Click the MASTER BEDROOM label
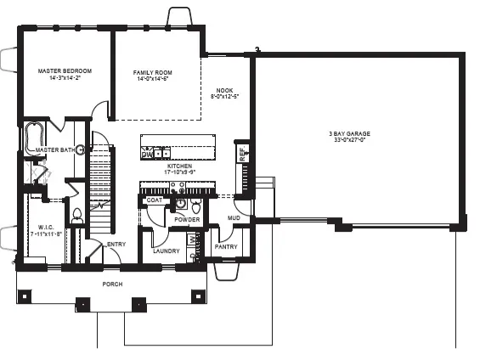[x=65, y=70]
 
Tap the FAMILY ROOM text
[x=152, y=73]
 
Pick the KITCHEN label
[x=179, y=167]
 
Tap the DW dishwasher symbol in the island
[x=147, y=155]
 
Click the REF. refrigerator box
[x=242, y=154]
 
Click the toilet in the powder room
[x=196, y=206]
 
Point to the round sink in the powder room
[x=180, y=204]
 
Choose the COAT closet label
[x=154, y=200]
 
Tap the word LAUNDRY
[x=165, y=251]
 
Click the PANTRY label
[x=226, y=246]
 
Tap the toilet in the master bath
[x=76, y=215]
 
